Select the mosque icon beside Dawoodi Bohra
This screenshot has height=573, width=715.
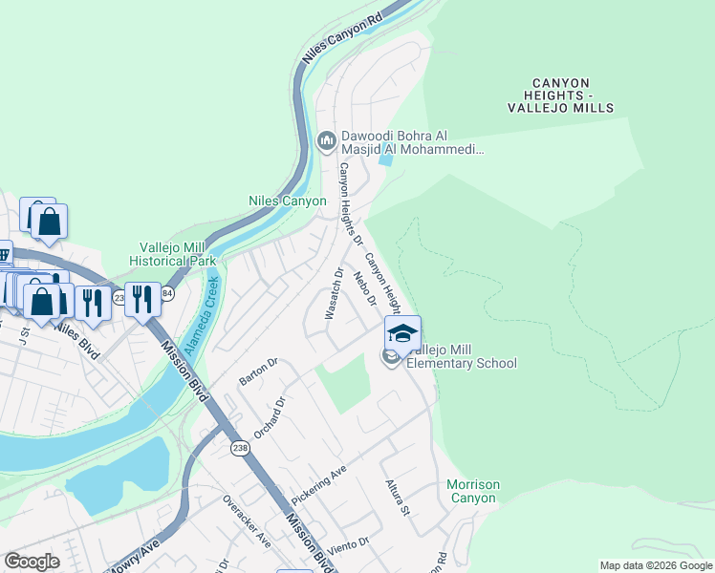pyautogui.click(x=326, y=142)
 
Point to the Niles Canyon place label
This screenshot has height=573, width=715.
pyautogui.click(x=287, y=202)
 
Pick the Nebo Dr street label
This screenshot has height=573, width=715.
pyautogui.click(x=363, y=289)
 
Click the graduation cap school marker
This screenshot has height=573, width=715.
pyautogui.click(x=402, y=333)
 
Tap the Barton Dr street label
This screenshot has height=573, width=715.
pyautogui.click(x=257, y=371)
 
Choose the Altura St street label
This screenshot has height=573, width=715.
pyautogui.click(x=398, y=499)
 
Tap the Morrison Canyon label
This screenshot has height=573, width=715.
pyautogui.click(x=472, y=492)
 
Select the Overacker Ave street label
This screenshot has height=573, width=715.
pyautogui.click(x=247, y=520)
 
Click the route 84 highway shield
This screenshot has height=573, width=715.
pyautogui.click(x=166, y=294)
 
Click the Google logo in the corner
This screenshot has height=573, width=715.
pyautogui.click(x=32, y=562)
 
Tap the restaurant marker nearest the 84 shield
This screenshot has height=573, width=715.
pyautogui.click(x=141, y=299)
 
